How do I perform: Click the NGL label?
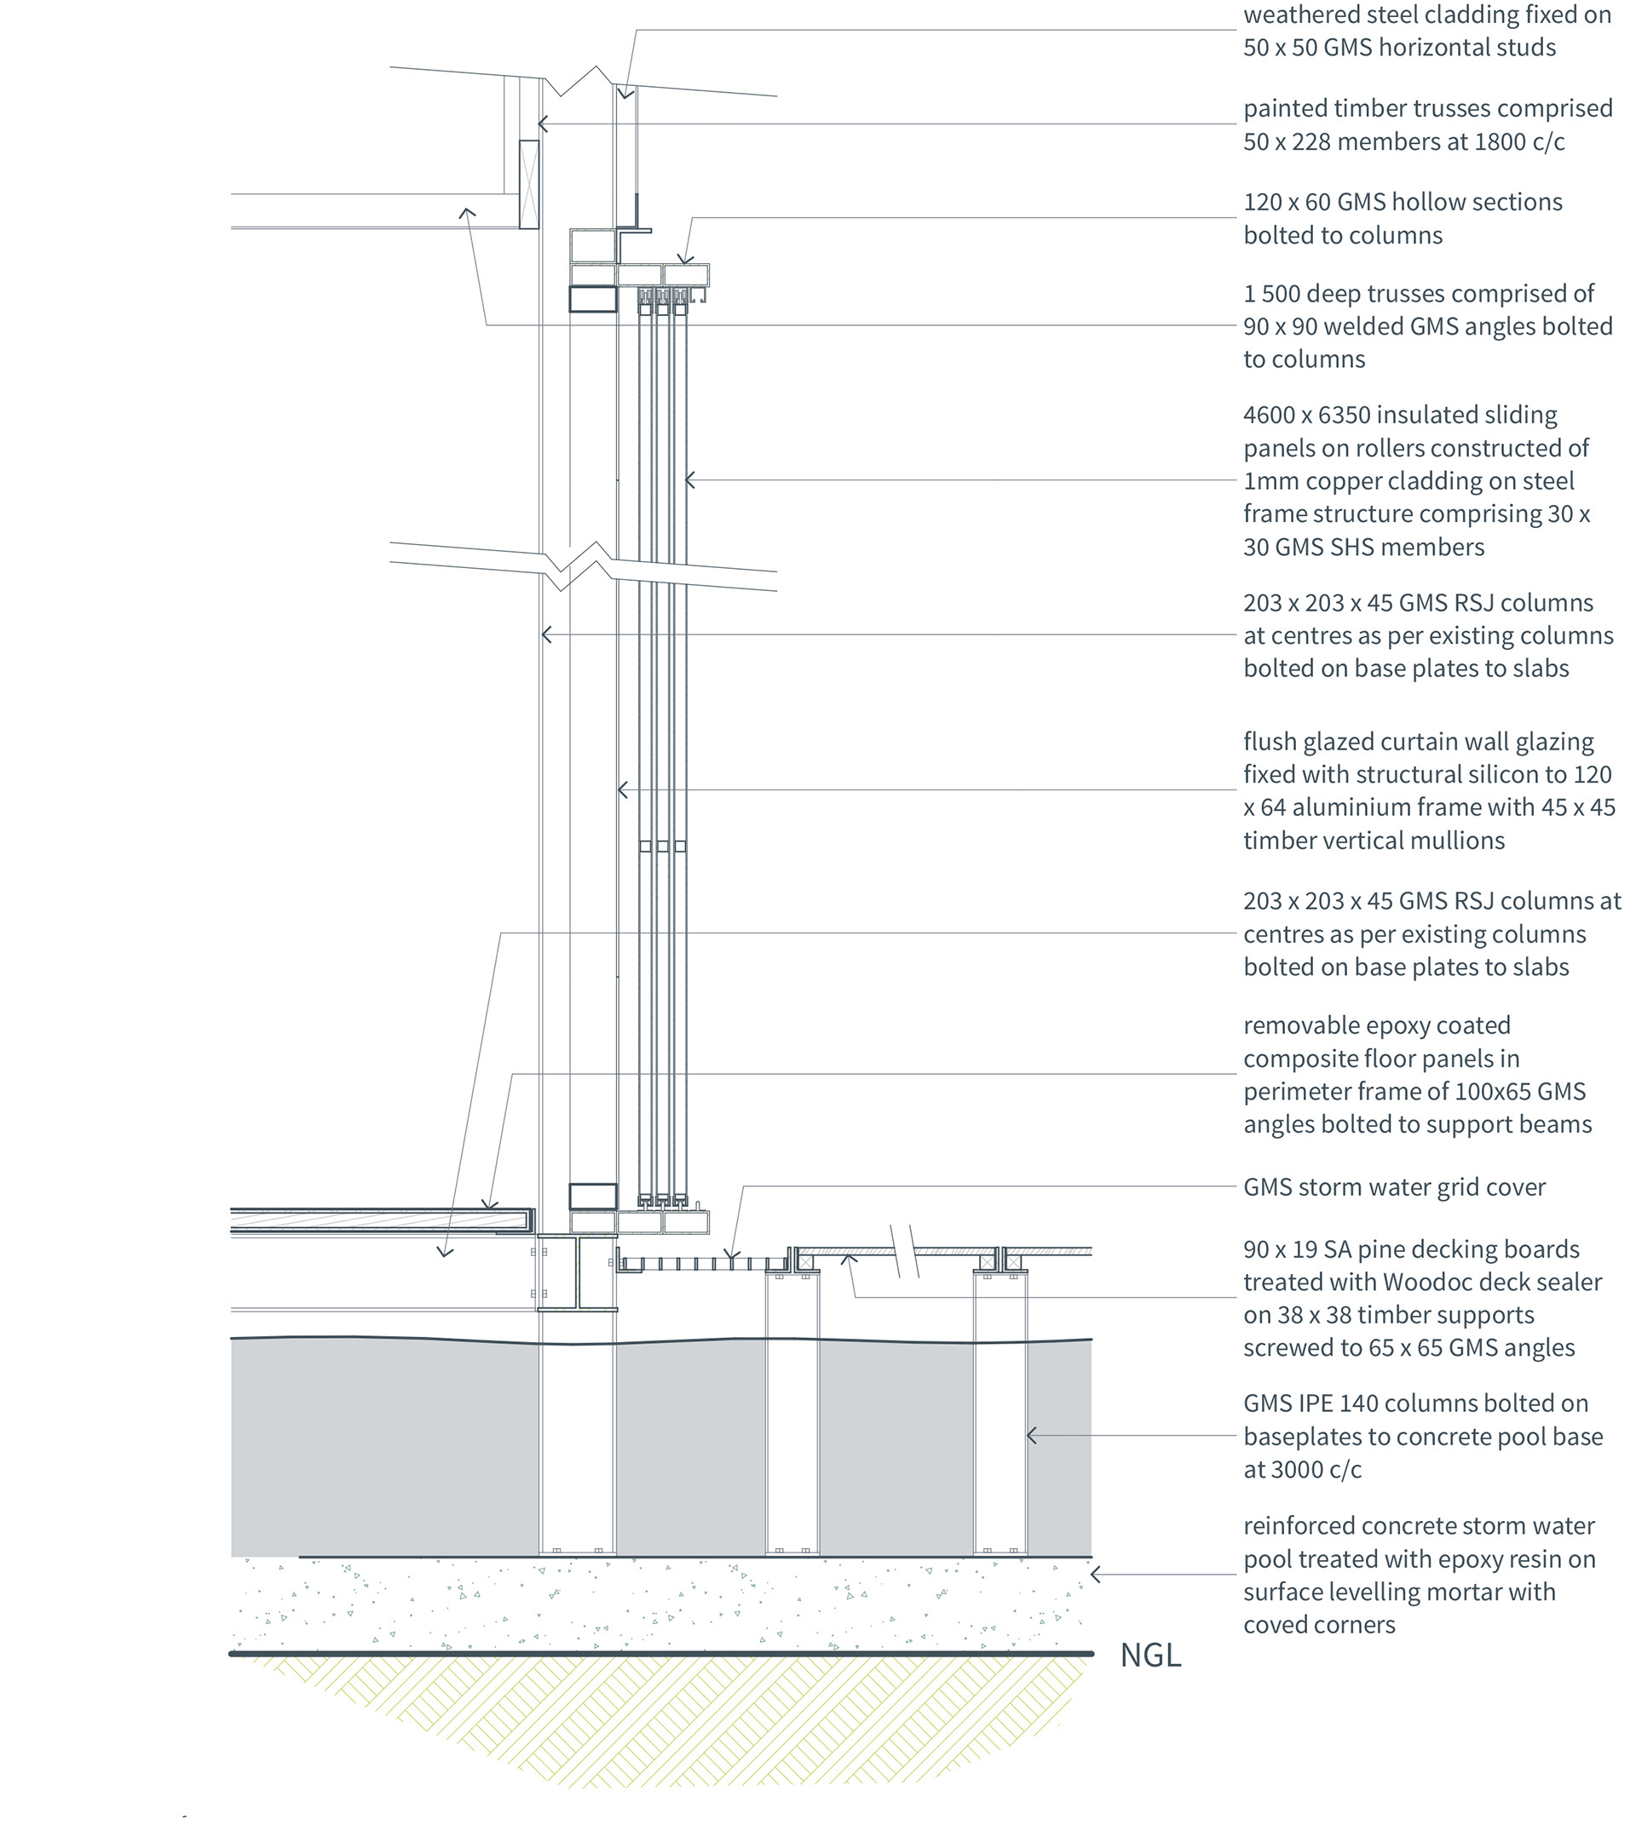click(x=1149, y=1656)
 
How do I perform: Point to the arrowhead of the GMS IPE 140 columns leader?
click(x=1030, y=1436)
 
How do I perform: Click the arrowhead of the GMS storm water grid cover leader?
click(x=732, y=1256)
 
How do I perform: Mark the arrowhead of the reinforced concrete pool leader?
click(x=1094, y=1575)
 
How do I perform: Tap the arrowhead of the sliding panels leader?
click(x=688, y=481)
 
